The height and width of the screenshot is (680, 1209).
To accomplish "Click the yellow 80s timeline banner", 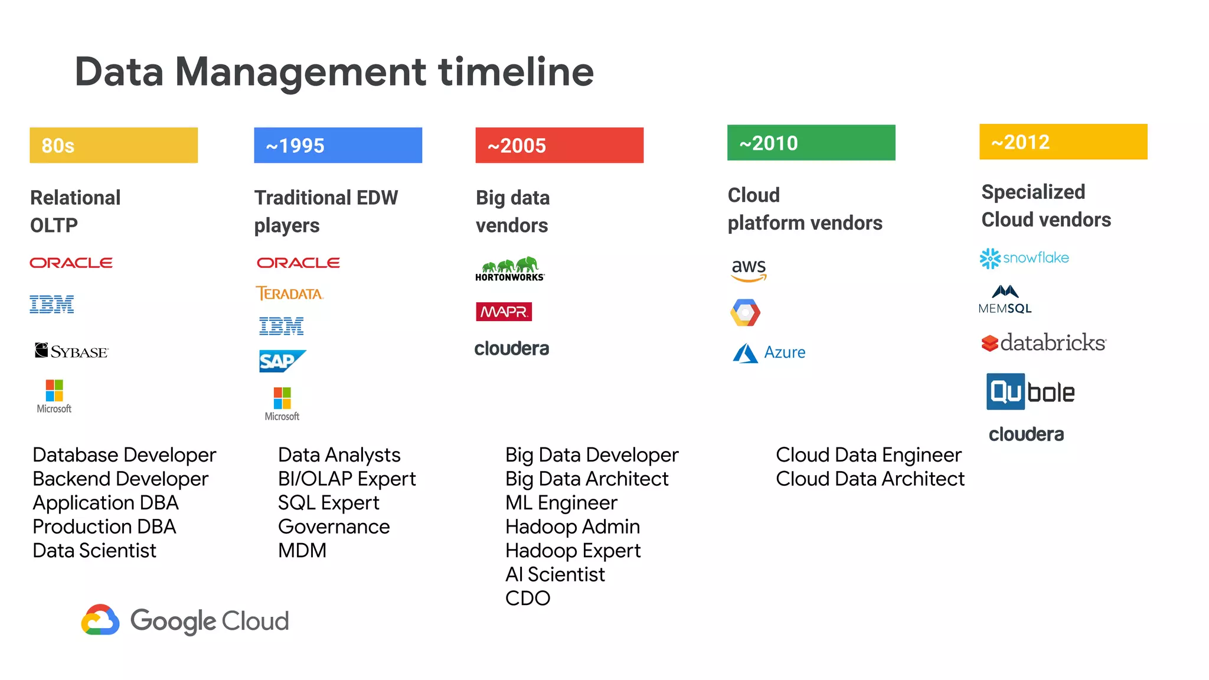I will pos(113,145).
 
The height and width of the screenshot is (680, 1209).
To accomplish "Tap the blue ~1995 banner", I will pos(338,145).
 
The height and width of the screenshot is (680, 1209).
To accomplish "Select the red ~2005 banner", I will pos(559,145).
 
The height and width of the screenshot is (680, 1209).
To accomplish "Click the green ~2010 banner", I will pos(811,143).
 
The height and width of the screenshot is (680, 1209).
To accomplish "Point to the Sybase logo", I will pos(71,351).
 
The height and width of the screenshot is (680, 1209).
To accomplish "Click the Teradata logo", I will pos(289,293).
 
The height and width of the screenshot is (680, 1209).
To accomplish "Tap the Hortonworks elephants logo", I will pos(509,269).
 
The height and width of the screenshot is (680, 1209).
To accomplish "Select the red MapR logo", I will pos(504,312).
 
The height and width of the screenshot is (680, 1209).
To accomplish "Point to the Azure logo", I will pos(769,353).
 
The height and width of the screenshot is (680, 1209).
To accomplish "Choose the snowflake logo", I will pos(1024,258).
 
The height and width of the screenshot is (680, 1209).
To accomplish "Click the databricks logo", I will pos(1043,342).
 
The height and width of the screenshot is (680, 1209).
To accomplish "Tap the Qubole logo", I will pos(1030,392).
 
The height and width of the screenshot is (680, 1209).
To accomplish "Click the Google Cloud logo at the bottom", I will pos(185,620).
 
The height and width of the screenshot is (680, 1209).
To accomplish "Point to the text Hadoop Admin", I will pos(572,527).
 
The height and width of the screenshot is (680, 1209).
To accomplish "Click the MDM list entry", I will pos(302,551).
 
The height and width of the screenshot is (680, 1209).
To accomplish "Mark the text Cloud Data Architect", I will pos(870,479).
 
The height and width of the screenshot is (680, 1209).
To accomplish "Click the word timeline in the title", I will pos(515,72).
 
